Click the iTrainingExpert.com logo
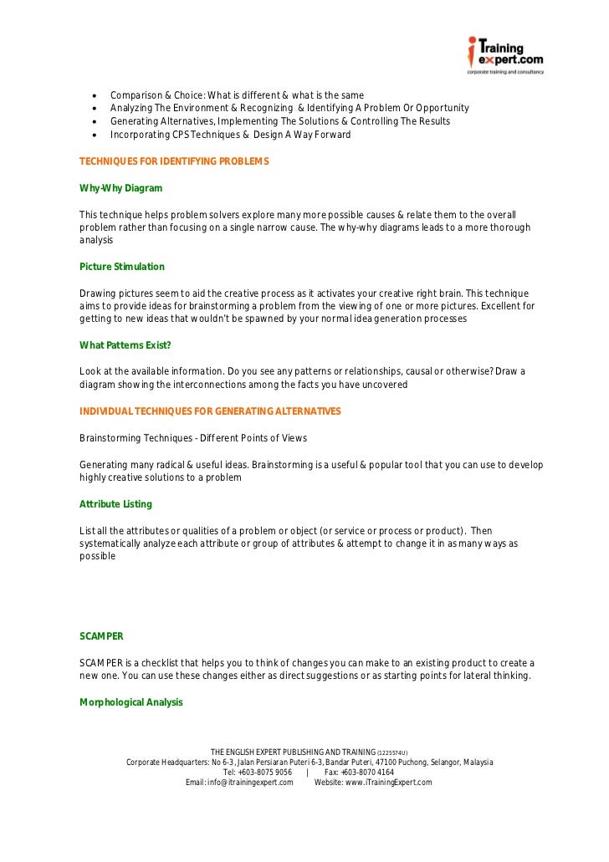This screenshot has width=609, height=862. (x=505, y=55)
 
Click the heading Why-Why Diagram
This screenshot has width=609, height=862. (x=120, y=188)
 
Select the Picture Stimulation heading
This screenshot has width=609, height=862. (x=122, y=267)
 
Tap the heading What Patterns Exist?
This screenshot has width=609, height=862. (x=125, y=345)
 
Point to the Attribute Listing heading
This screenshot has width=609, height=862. (x=115, y=504)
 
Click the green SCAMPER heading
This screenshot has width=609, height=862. (x=101, y=636)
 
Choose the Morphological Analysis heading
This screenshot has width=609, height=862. (x=130, y=702)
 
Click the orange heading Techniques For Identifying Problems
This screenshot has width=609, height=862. (x=174, y=161)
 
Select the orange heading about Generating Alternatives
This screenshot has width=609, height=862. (x=210, y=411)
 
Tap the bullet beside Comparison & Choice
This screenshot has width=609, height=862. (x=97, y=95)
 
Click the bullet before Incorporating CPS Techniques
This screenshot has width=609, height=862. (x=97, y=135)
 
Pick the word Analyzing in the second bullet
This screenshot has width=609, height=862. (x=130, y=109)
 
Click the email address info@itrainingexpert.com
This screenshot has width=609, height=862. (x=239, y=783)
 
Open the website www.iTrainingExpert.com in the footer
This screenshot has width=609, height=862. (x=373, y=783)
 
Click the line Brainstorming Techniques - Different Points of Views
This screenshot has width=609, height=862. (x=193, y=438)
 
